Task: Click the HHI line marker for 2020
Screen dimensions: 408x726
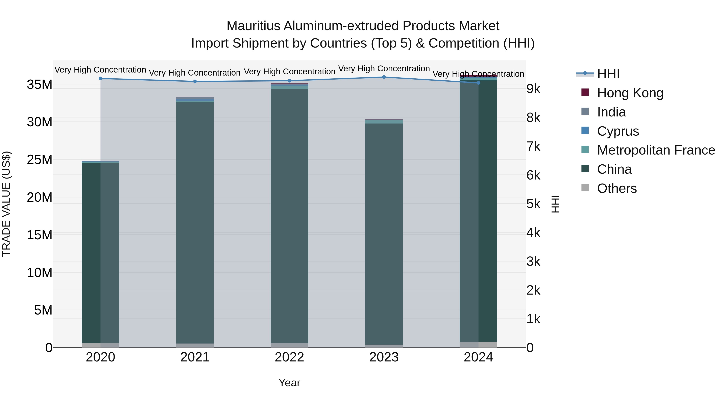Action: coord(100,79)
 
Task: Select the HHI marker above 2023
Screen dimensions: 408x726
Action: coord(384,77)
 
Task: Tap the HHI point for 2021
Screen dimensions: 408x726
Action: coord(195,82)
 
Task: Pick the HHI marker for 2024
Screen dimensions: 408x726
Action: coord(478,83)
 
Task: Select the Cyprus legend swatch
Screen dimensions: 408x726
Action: coord(585,131)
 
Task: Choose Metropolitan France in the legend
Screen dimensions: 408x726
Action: coord(656,150)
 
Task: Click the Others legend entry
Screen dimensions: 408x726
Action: coord(617,188)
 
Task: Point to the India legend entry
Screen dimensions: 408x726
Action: coord(611,112)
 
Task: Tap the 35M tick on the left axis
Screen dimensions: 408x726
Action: coord(40,84)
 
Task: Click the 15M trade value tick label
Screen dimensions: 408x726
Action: coord(40,235)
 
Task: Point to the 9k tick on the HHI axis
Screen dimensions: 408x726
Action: coord(533,89)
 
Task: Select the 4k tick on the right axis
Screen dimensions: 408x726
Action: coord(533,233)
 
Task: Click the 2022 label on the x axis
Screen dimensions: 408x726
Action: coord(289,357)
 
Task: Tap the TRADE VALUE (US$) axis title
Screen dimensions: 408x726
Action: coord(6,204)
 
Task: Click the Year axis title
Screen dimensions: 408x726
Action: coord(289,383)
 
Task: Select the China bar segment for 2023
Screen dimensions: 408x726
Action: coord(384,234)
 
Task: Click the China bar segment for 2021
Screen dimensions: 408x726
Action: coord(195,222)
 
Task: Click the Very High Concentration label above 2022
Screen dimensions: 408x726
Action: coord(289,72)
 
